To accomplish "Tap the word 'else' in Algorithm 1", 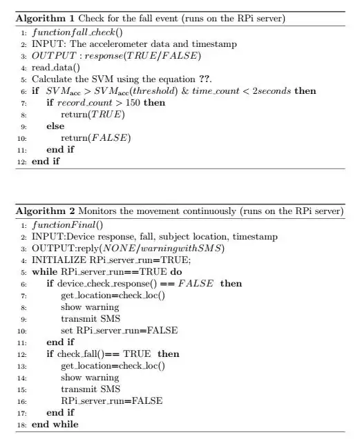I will click(x=56, y=126).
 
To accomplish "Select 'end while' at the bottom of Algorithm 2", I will click(x=55, y=425).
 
